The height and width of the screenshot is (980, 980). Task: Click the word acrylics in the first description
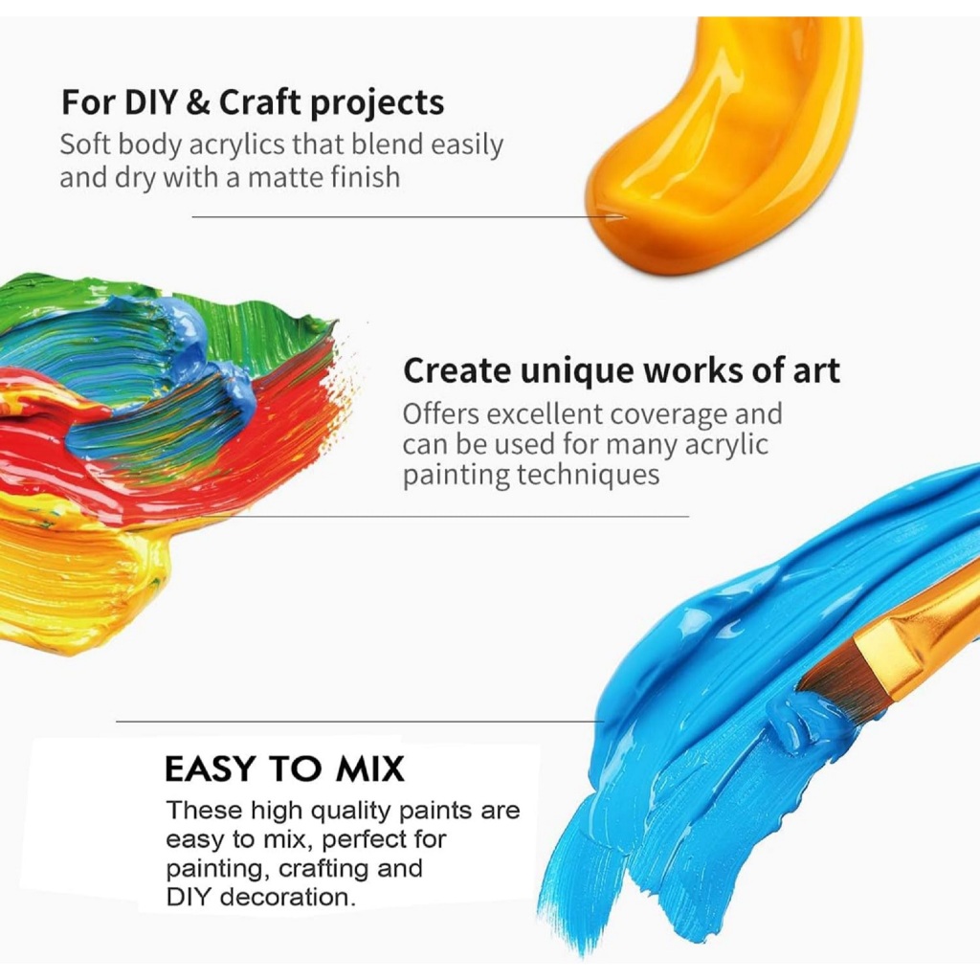point(236,145)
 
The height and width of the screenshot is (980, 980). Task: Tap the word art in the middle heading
point(816,370)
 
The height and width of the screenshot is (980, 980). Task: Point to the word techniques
point(588,475)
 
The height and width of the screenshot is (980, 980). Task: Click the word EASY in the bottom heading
point(211,768)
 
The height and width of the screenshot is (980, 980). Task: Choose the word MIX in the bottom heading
point(370,768)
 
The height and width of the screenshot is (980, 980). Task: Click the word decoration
point(288,898)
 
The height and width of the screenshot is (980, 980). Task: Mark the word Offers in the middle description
point(441,414)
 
